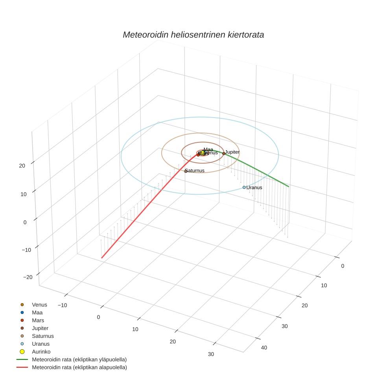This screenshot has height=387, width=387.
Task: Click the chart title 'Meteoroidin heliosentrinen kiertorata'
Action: [x=193, y=35]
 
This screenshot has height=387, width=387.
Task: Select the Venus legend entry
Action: [x=39, y=305]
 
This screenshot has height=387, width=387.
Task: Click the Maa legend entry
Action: [x=37, y=313]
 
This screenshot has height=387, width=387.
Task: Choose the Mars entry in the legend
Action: [x=38, y=321]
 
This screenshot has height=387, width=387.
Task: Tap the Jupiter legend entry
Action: [x=40, y=328]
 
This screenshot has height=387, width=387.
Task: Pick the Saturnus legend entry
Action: [x=42, y=336]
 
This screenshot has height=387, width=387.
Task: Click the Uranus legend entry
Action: [x=41, y=344]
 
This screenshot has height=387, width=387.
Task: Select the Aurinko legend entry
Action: [x=41, y=352]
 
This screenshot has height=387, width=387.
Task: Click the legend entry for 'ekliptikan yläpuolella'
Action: [x=79, y=359]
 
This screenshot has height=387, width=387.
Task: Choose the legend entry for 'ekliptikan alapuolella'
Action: [x=79, y=367]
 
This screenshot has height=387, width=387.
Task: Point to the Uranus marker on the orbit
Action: [x=244, y=187]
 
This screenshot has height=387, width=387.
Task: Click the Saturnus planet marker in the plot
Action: [x=186, y=171]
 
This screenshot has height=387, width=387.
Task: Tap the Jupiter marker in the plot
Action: [x=223, y=153]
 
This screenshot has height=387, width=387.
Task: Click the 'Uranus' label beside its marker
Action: [x=254, y=188]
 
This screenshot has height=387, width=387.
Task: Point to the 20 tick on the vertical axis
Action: [x=22, y=166]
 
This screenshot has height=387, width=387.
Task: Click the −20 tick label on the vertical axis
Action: [x=28, y=277]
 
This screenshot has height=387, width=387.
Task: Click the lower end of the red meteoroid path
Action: [x=102, y=258]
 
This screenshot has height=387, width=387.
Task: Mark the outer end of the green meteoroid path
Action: [x=289, y=186]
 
